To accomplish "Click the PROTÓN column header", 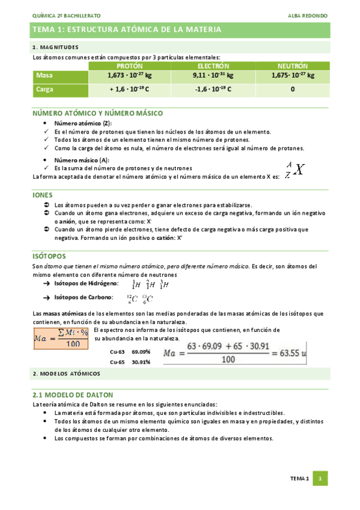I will [129, 65].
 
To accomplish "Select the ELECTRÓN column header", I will [213, 65].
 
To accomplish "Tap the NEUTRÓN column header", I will [292, 65].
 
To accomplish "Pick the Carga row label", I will [45, 89].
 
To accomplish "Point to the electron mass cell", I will [213, 76].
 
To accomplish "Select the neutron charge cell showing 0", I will [292, 89].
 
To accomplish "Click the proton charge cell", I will [129, 89].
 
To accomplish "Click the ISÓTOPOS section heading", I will [49, 256].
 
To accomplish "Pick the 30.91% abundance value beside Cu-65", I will [141, 362].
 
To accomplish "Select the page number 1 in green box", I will [322, 479].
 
